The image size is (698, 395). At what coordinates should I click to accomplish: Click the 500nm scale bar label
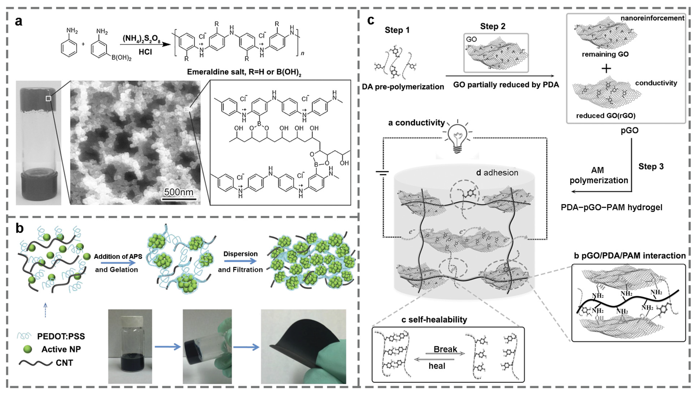click(x=179, y=192)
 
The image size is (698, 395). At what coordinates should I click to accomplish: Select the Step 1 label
click(x=397, y=30)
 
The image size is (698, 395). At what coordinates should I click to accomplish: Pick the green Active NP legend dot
click(x=27, y=349)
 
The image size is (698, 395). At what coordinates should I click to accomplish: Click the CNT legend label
click(x=64, y=363)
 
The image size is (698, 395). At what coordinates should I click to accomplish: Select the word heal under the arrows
click(x=437, y=366)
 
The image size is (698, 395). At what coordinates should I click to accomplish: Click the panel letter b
click(x=19, y=228)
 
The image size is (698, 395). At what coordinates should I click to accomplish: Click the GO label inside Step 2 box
click(x=471, y=39)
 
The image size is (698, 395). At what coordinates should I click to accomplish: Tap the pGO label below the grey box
click(x=630, y=131)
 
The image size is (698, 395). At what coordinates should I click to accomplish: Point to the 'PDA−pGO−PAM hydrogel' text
click(x=611, y=208)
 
